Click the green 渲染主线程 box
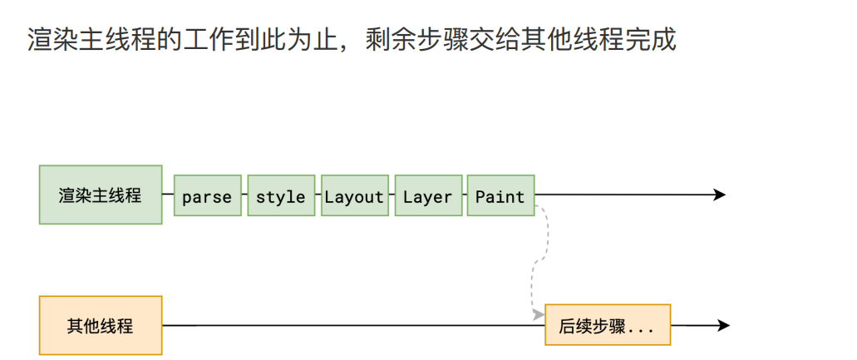coord(101,195)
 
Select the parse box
coord(207,196)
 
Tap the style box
coord(281,196)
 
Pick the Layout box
coord(354,196)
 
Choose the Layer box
coord(427,196)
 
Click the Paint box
coord(500,196)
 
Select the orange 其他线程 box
coord(101,325)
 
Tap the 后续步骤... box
coord(607,325)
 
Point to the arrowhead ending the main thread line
coord(720,195)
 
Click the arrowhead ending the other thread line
coord(724,325)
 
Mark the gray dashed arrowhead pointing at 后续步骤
coord(538,314)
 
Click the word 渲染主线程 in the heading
coord(92,40)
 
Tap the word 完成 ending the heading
coord(652,40)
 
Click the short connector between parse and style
coord(244,196)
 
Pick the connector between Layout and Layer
coord(391,196)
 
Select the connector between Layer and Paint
coord(465,196)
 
